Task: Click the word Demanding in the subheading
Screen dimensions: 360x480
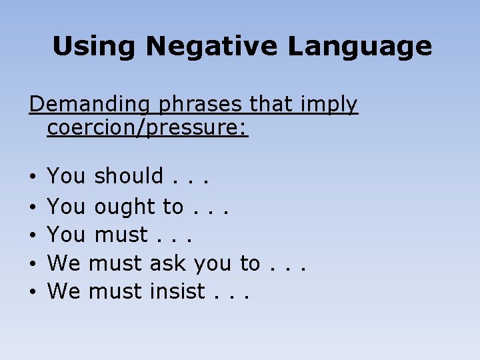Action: (x=81, y=105)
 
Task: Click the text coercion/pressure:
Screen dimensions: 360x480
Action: (x=147, y=128)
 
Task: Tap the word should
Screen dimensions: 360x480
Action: (x=129, y=176)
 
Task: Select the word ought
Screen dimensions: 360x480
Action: (x=125, y=207)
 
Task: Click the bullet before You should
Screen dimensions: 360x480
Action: (x=33, y=177)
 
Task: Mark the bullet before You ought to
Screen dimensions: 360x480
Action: (x=33, y=208)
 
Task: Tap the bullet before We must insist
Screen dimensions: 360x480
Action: (x=33, y=292)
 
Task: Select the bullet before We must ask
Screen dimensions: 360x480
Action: (x=33, y=264)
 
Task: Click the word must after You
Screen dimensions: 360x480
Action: (x=121, y=235)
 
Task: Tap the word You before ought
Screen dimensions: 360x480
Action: (x=66, y=207)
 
